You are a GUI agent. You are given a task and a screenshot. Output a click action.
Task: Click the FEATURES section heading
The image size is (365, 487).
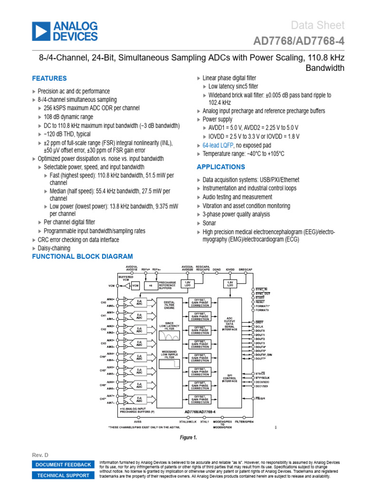pos(49,78)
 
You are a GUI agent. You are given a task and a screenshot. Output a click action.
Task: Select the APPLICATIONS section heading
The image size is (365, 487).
pos(221,167)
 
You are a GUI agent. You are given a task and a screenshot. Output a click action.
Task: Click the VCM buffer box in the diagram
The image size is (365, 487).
pos(135,286)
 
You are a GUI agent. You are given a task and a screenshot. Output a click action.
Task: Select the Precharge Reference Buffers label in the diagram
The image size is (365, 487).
pos(167,285)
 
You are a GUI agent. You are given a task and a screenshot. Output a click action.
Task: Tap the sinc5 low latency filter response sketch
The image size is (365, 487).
pos(169,336)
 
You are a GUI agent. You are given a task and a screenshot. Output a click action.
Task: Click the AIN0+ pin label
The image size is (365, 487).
pos(110,299)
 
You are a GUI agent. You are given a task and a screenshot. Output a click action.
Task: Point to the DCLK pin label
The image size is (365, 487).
pos(259,326)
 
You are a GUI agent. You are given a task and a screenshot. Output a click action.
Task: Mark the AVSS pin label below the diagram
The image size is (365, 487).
pos(137,421)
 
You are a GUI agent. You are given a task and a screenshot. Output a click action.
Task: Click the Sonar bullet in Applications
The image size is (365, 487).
pos(209,223)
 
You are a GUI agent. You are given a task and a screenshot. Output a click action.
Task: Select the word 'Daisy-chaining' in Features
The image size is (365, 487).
pos(54,248)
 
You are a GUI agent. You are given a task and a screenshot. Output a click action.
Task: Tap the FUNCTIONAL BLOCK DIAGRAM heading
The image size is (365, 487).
pos(82,257)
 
